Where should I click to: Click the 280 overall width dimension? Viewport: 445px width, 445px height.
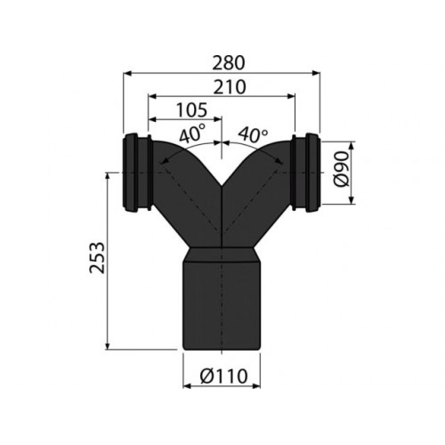229,63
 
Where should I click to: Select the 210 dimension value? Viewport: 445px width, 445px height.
230,86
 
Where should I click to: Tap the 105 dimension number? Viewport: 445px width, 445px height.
191,109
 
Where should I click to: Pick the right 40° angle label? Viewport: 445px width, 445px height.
253,134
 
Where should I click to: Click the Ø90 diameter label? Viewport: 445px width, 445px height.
340,169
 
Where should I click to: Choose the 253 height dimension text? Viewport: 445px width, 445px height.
97,257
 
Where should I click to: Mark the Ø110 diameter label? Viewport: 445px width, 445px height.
223,376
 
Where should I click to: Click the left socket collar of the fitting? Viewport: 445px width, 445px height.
138,173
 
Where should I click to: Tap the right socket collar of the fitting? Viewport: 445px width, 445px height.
305,173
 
